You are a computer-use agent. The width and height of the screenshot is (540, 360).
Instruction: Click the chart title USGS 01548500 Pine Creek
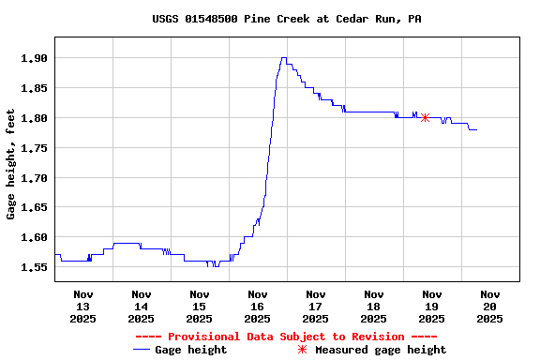286,19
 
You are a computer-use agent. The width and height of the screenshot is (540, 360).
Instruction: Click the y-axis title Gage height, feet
11,165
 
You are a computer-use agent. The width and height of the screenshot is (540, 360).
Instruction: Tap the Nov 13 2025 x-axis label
82,306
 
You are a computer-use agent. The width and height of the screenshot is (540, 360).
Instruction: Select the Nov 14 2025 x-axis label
141,306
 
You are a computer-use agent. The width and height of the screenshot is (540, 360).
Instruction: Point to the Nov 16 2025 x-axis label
257,306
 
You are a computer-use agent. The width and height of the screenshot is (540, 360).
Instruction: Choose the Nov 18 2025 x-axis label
373,306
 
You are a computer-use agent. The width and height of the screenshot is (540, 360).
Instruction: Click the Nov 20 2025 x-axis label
489,306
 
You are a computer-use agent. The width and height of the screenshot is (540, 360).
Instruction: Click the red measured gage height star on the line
425,117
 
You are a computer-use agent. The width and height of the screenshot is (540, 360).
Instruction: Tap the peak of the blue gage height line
283,58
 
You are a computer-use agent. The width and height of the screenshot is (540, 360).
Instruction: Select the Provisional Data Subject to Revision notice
286,337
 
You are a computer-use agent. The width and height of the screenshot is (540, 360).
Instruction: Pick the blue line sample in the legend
142,350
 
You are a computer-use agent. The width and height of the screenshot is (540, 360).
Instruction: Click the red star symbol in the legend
302,350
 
